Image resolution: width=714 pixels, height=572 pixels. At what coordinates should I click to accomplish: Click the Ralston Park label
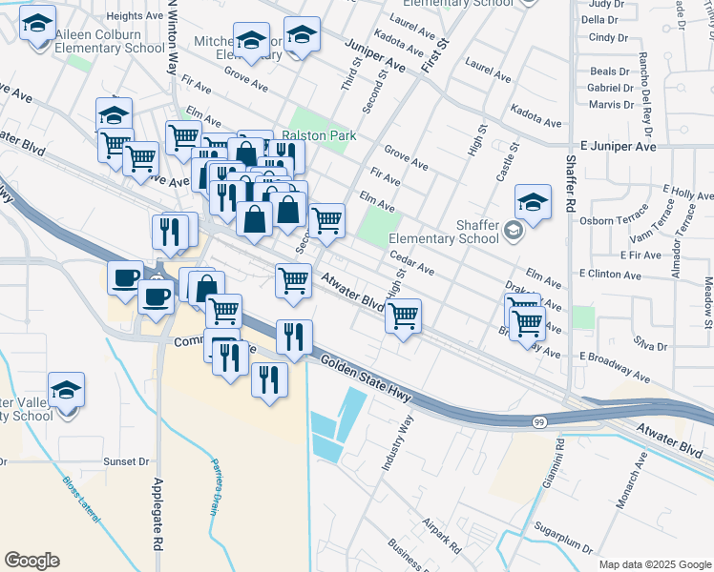[318, 136]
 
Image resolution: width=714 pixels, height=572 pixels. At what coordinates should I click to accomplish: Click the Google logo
[31, 561]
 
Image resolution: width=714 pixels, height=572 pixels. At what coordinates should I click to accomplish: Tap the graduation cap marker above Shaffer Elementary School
[533, 202]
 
